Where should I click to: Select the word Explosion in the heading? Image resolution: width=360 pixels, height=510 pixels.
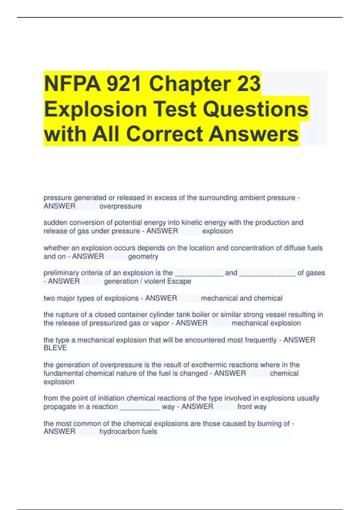coord(95,109)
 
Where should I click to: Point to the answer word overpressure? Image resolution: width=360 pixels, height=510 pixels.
coord(121,206)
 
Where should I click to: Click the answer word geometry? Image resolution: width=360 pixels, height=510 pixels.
coord(143,256)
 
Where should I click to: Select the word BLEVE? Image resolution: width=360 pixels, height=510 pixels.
coord(55,348)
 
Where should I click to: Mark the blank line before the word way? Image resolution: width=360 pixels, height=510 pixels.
coord(140,407)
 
